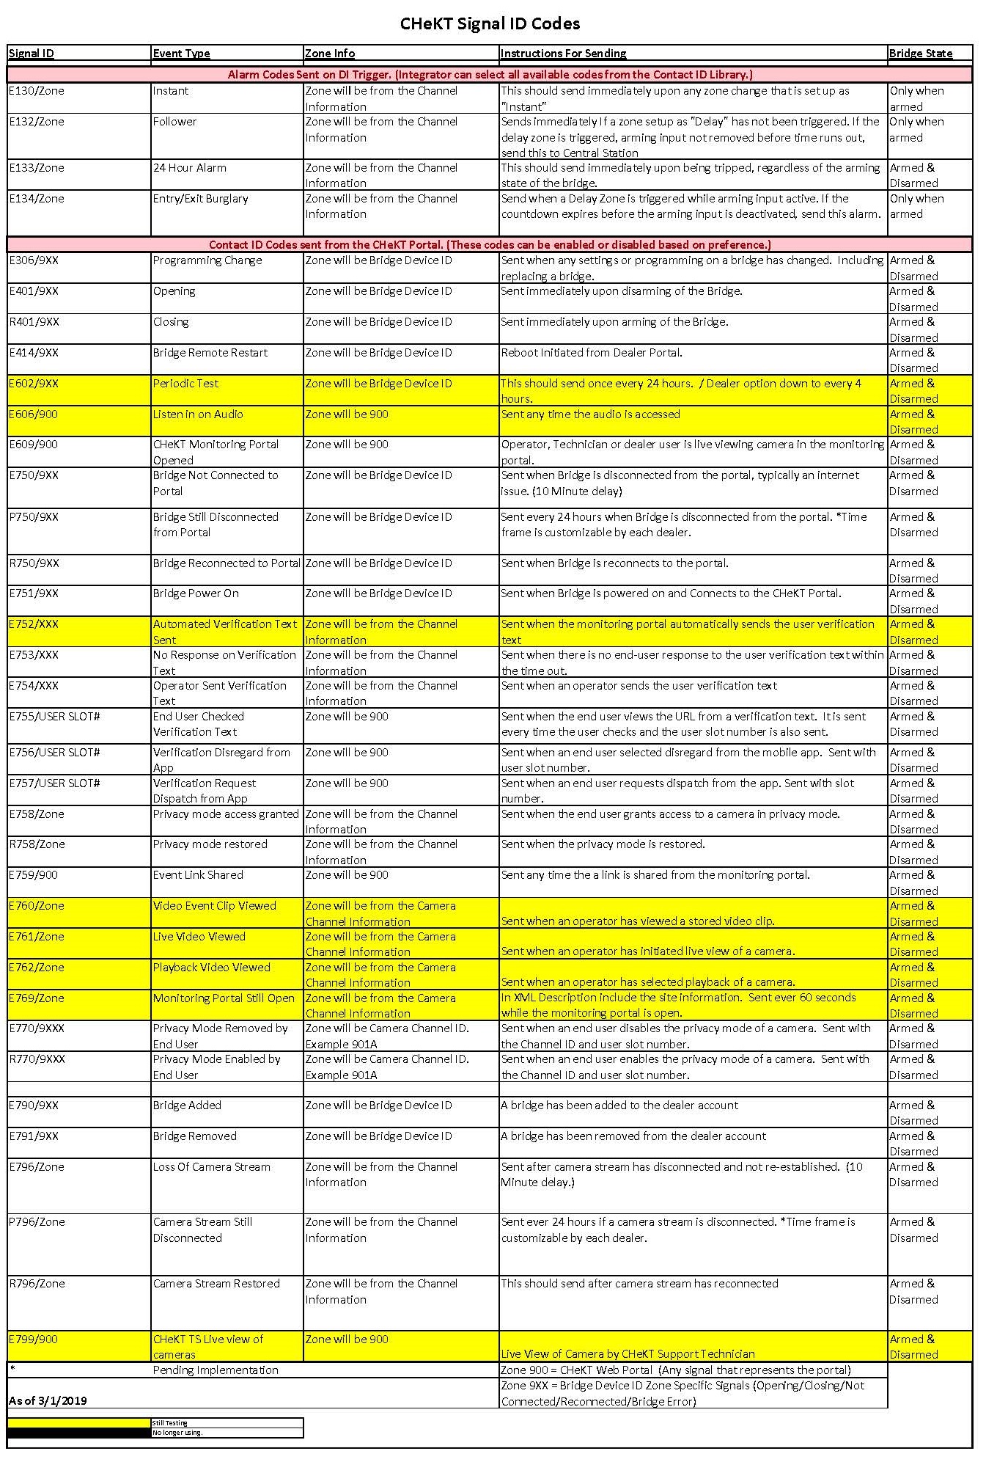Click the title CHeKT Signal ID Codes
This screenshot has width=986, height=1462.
(x=490, y=24)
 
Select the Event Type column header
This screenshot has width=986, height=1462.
(x=181, y=54)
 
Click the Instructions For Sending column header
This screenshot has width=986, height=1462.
(x=563, y=54)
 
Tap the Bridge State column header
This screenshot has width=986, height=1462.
(x=920, y=54)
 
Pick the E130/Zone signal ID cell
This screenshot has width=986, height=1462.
(x=37, y=91)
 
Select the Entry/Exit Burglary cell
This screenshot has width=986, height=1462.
(x=200, y=199)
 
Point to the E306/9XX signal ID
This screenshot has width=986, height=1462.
(x=34, y=260)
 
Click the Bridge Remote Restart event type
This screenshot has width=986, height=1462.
(x=210, y=353)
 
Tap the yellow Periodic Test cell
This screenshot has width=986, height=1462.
(x=185, y=384)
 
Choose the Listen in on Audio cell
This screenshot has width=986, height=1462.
(x=198, y=414)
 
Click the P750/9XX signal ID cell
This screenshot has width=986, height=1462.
(x=34, y=517)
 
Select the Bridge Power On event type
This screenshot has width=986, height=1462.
(x=196, y=593)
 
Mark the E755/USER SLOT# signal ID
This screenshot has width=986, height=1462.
(x=54, y=717)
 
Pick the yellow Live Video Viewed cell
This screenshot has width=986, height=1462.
(x=199, y=937)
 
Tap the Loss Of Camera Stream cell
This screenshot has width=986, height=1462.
(x=211, y=1167)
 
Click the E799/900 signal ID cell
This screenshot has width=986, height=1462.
(x=33, y=1339)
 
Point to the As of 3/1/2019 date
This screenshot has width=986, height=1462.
(x=48, y=1401)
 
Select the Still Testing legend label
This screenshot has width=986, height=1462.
(x=170, y=1423)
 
